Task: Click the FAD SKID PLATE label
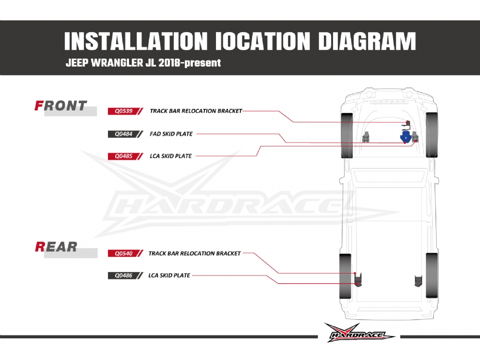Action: click(x=171, y=134)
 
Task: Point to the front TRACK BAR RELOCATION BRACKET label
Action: click(x=195, y=111)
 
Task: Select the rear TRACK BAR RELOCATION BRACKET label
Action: click(x=194, y=253)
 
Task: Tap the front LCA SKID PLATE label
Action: click(x=171, y=156)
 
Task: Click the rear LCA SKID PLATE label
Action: click(x=169, y=276)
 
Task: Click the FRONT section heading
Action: click(x=61, y=106)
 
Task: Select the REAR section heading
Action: click(x=56, y=247)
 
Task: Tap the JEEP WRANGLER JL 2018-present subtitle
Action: click(x=143, y=63)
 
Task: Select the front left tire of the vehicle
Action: click(x=347, y=136)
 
